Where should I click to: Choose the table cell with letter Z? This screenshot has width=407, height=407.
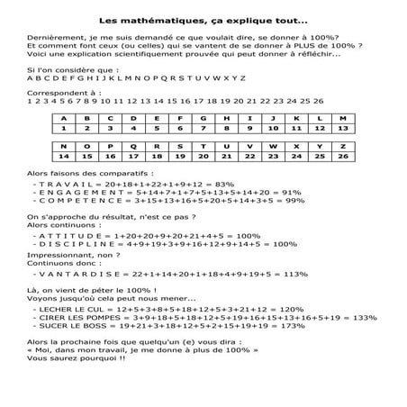coord(339,146)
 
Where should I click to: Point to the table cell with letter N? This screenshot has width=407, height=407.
coord(64,146)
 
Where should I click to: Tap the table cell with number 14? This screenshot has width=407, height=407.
coord(64,156)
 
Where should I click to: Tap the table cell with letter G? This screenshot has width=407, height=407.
coord(202,119)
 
